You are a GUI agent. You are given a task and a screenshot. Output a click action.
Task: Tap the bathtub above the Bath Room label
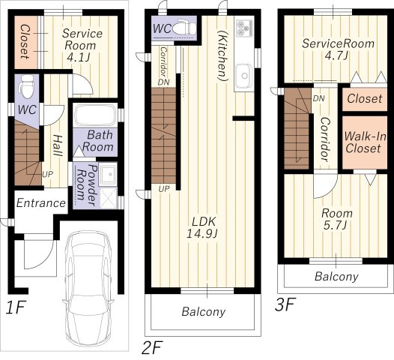95,115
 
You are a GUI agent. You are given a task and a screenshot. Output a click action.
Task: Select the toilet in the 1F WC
27,86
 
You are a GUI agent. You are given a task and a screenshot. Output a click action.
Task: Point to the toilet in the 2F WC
184,27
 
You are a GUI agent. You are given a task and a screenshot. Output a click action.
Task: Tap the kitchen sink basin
243,76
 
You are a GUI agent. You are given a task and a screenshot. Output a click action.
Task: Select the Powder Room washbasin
108,174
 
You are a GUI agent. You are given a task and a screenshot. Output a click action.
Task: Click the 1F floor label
16,307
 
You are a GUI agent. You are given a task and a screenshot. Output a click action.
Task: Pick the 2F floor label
152,347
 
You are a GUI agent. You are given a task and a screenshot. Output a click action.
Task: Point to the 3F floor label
285,304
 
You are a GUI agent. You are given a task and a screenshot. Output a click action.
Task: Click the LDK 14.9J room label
202,227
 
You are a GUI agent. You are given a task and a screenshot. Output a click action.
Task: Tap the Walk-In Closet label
365,142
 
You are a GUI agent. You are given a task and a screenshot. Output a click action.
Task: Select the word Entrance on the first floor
41,203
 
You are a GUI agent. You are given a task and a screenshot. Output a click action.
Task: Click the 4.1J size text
79,57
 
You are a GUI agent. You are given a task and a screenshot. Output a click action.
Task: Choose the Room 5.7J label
337,219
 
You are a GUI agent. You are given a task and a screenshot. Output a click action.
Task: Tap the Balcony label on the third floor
336,277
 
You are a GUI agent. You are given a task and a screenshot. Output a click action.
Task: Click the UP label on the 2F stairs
164,189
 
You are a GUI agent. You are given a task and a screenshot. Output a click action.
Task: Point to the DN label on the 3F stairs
318,98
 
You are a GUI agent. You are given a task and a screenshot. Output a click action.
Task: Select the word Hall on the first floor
57,145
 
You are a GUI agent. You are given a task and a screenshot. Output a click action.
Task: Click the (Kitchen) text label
223,56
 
